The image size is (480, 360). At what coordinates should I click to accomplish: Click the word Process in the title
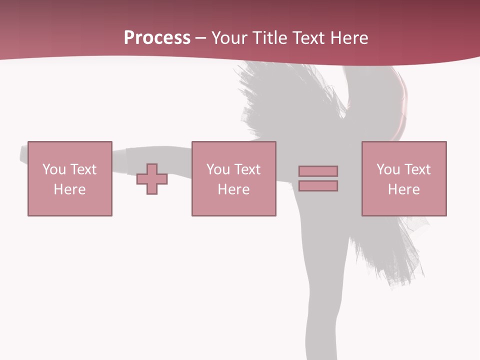(157, 38)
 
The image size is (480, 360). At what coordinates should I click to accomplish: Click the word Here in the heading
(349, 38)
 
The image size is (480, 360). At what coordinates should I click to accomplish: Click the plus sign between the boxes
(152, 179)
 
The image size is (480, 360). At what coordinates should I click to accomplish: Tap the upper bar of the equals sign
(318, 171)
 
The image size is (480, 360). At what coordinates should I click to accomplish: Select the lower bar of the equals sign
(318, 186)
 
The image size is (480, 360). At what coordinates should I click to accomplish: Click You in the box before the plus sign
(53, 169)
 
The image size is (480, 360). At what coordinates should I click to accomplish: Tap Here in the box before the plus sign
(69, 189)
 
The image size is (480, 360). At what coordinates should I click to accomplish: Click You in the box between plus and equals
(217, 169)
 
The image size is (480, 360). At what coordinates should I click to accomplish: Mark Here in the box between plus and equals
(233, 189)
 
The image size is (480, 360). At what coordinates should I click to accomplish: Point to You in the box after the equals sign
(387, 169)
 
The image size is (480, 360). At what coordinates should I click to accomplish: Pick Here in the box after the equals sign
(403, 189)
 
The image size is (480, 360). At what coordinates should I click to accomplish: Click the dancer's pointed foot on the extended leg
(24, 154)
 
